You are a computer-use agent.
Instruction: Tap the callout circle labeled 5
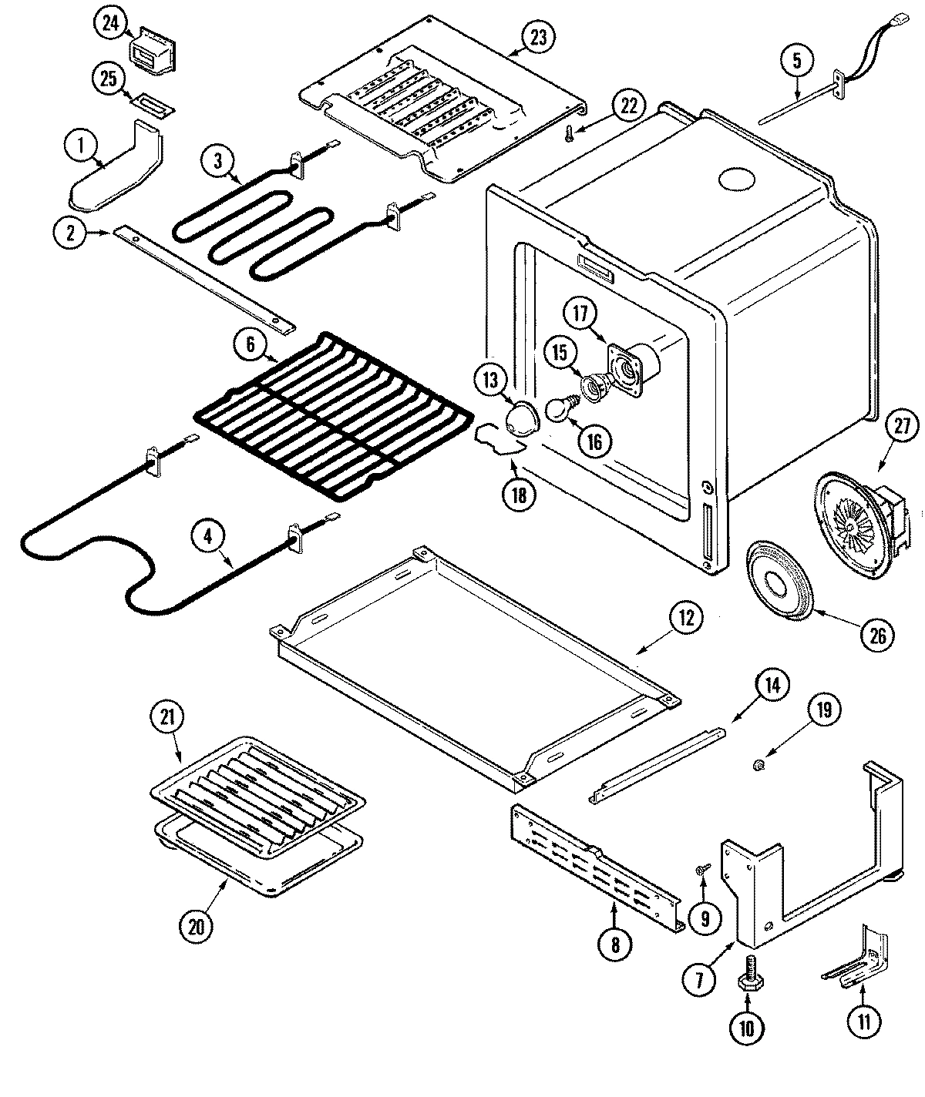point(797,61)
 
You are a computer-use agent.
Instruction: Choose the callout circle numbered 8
point(614,944)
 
